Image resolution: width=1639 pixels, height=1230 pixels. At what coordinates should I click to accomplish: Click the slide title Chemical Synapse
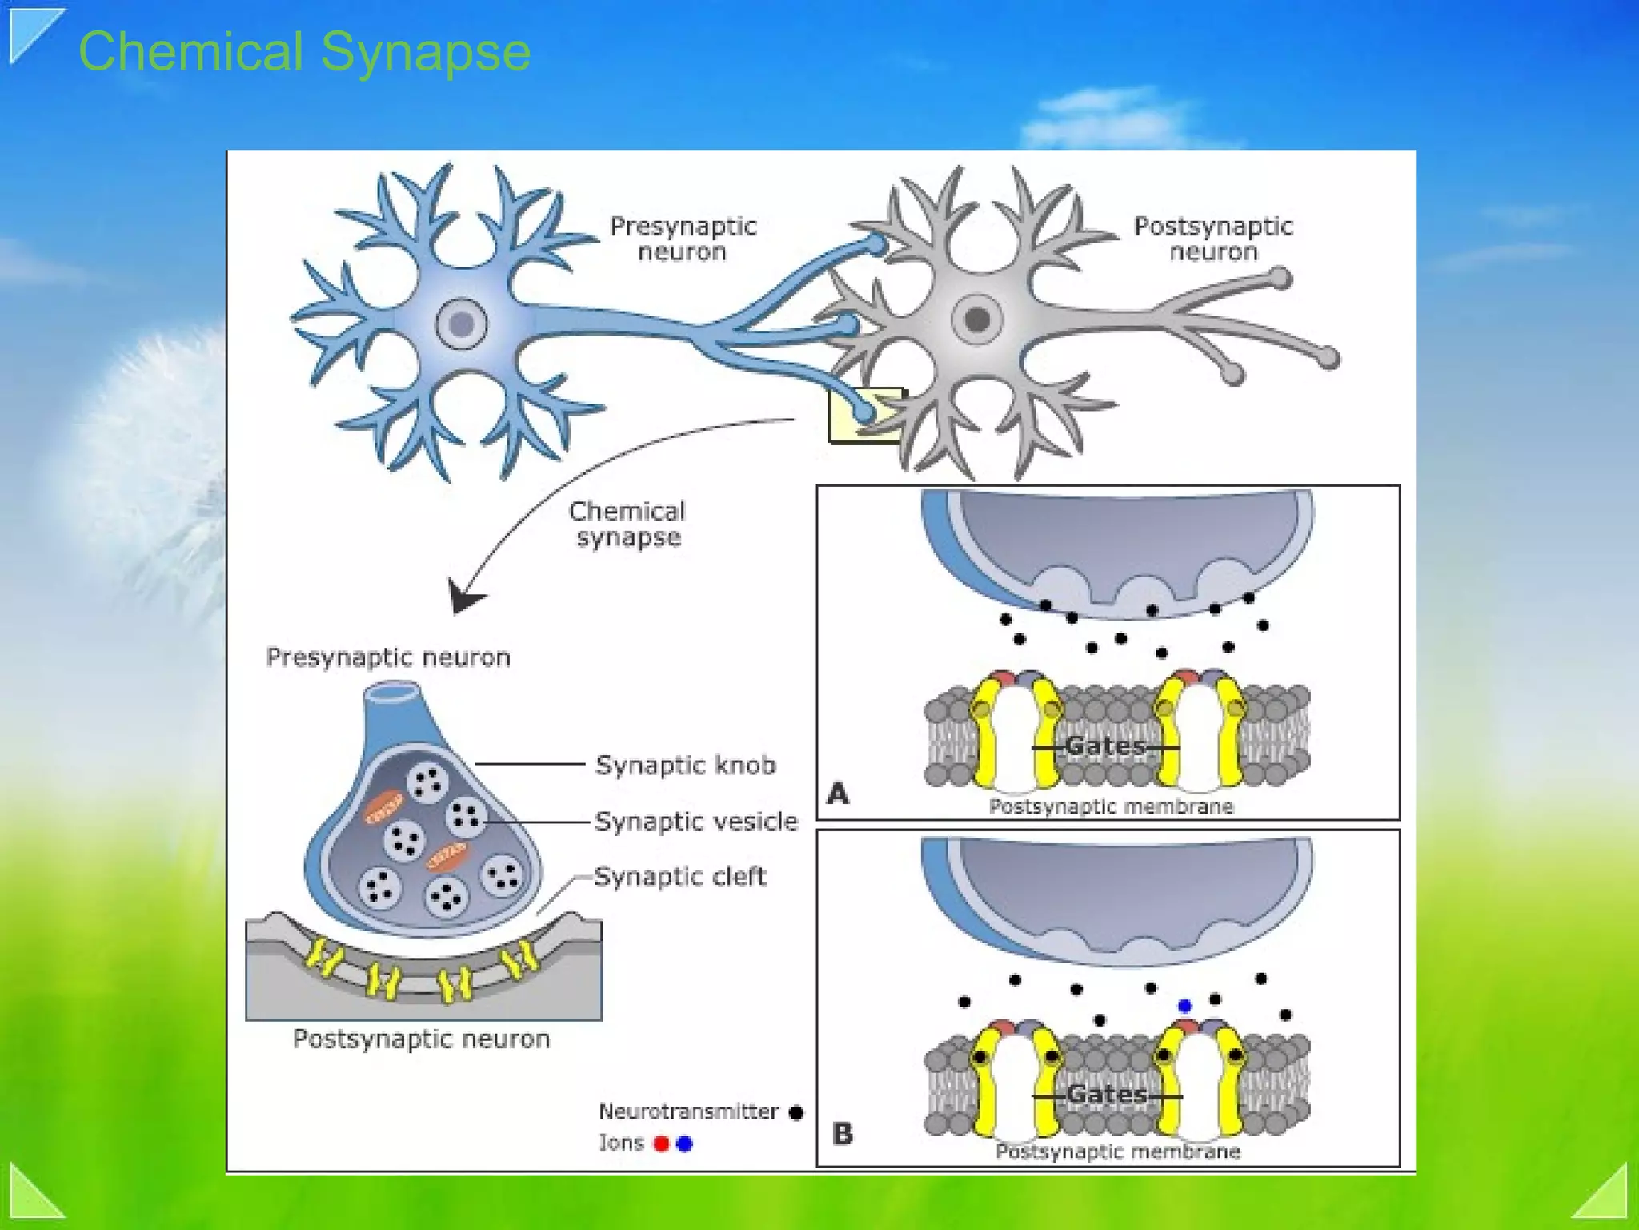point(304,52)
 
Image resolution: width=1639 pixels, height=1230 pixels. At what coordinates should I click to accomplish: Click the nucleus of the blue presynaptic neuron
point(462,324)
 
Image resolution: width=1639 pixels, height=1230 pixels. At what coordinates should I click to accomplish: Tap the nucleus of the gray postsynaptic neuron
point(976,319)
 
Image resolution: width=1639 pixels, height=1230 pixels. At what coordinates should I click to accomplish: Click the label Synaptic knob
point(685,765)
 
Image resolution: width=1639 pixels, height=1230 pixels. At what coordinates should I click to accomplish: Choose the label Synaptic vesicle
point(695,821)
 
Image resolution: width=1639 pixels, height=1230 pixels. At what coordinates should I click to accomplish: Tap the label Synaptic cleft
point(679,876)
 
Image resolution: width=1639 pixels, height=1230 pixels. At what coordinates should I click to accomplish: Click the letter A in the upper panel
point(837,794)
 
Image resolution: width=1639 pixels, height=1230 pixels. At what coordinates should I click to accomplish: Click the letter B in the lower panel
point(843,1133)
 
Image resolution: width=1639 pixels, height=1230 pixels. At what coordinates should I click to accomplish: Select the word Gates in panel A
point(1106,746)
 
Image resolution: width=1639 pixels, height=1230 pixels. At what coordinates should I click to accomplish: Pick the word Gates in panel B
point(1107,1094)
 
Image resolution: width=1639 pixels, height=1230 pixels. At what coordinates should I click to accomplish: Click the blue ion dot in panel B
point(1185,1006)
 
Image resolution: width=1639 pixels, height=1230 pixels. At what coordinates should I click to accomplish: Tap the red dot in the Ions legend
point(661,1144)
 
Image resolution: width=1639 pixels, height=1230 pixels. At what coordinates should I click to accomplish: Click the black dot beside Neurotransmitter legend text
point(796,1112)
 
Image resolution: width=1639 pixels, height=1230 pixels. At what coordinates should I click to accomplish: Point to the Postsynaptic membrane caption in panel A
point(1111,806)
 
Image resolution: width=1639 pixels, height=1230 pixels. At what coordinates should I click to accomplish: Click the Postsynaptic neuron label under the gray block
point(421,1039)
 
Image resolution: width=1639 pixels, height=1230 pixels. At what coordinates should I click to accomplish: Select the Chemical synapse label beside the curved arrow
point(627,524)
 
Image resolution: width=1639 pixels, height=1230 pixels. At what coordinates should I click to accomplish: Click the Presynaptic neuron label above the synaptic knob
point(388,657)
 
